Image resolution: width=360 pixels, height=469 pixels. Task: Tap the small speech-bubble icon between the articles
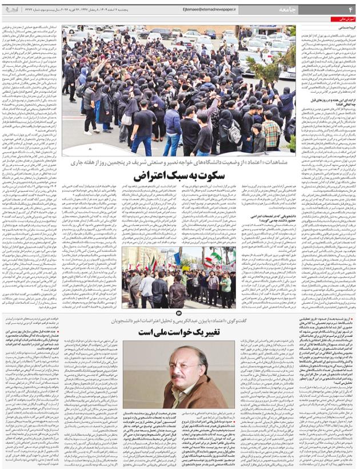180,312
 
